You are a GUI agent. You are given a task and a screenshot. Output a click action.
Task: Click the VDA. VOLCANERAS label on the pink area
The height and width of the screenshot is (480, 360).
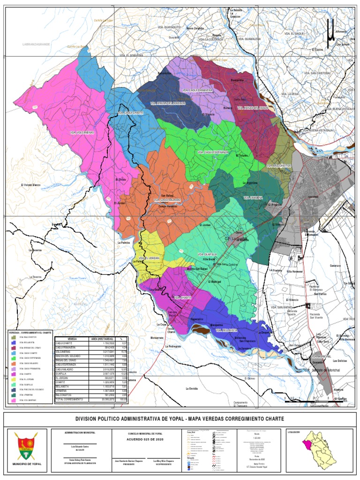[x=82, y=133]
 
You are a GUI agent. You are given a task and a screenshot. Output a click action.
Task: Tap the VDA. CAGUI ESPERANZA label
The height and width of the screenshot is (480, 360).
[x=213, y=152]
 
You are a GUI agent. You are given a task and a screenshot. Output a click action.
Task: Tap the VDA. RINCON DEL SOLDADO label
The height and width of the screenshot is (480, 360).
[x=168, y=103]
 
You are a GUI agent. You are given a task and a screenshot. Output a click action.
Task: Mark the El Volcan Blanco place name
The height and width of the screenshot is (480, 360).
[x=31, y=185]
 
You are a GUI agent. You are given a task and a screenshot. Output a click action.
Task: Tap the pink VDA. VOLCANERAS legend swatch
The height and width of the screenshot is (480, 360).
[x=14, y=401]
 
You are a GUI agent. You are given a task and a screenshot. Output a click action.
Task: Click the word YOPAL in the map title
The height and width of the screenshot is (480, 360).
[x=170, y=419]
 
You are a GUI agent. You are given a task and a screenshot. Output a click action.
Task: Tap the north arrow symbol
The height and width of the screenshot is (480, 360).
[x=331, y=31]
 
